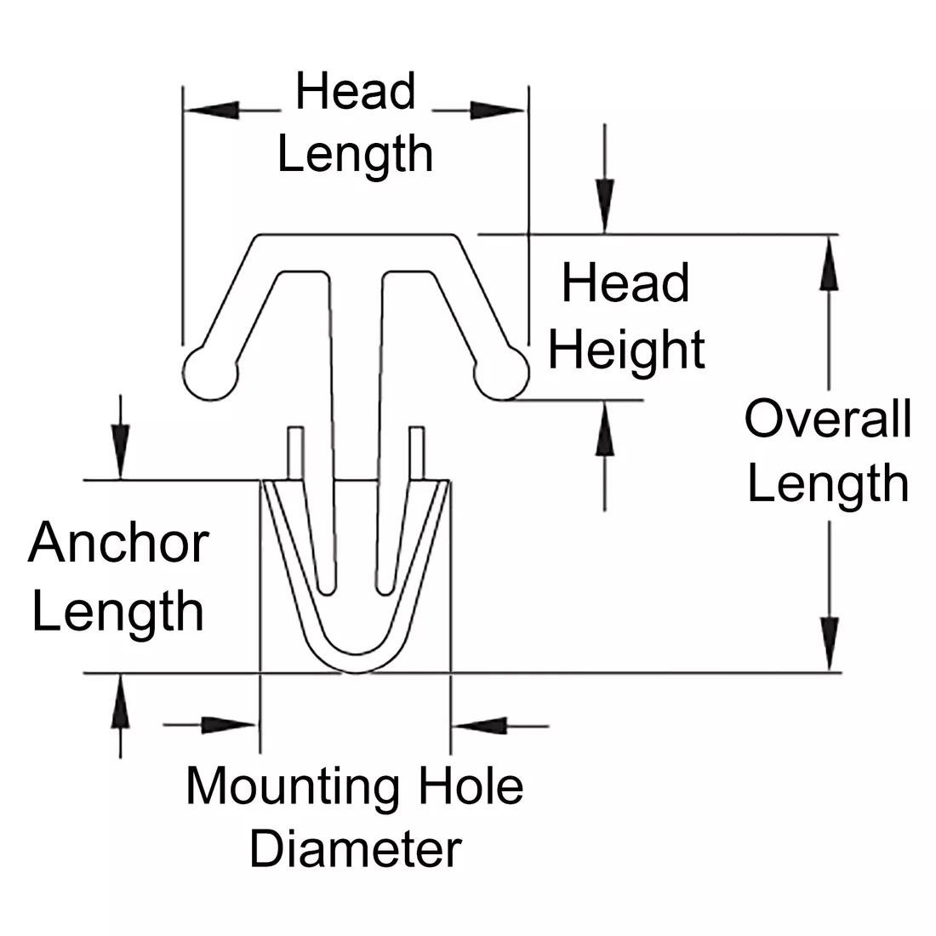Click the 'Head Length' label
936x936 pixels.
pyautogui.click(x=356, y=123)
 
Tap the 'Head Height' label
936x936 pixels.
pyautogui.click(x=625, y=317)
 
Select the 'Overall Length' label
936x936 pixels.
pyautogui.click(x=828, y=451)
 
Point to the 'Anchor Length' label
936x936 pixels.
pyautogui.click(x=118, y=577)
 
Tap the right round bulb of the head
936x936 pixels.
pyautogui.click(x=501, y=373)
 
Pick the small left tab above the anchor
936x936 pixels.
pyautogui.click(x=294, y=451)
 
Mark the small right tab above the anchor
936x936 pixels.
pyautogui.click(x=416, y=451)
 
